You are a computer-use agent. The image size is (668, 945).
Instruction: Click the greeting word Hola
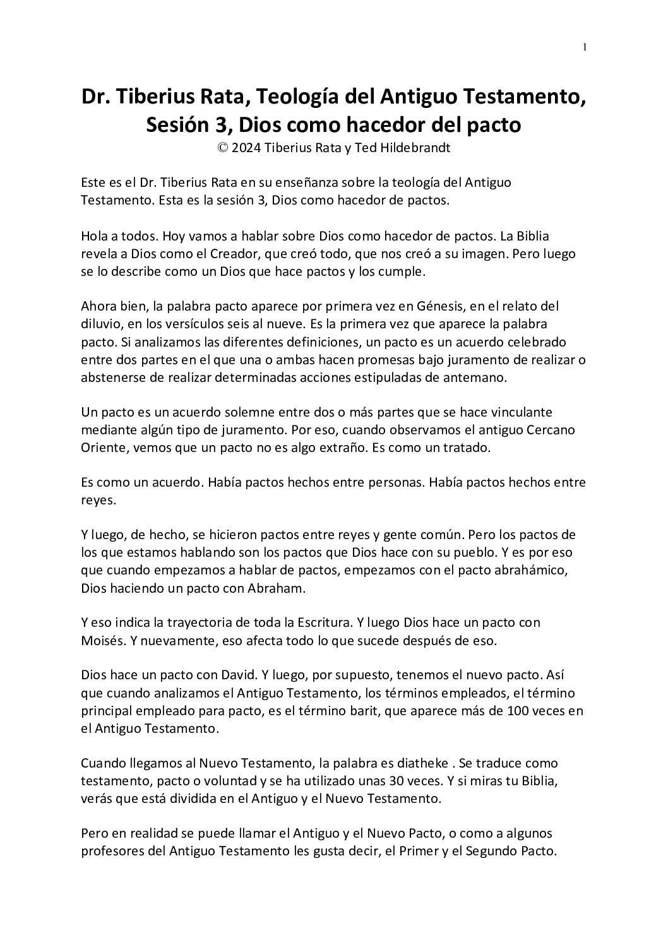(x=94, y=237)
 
